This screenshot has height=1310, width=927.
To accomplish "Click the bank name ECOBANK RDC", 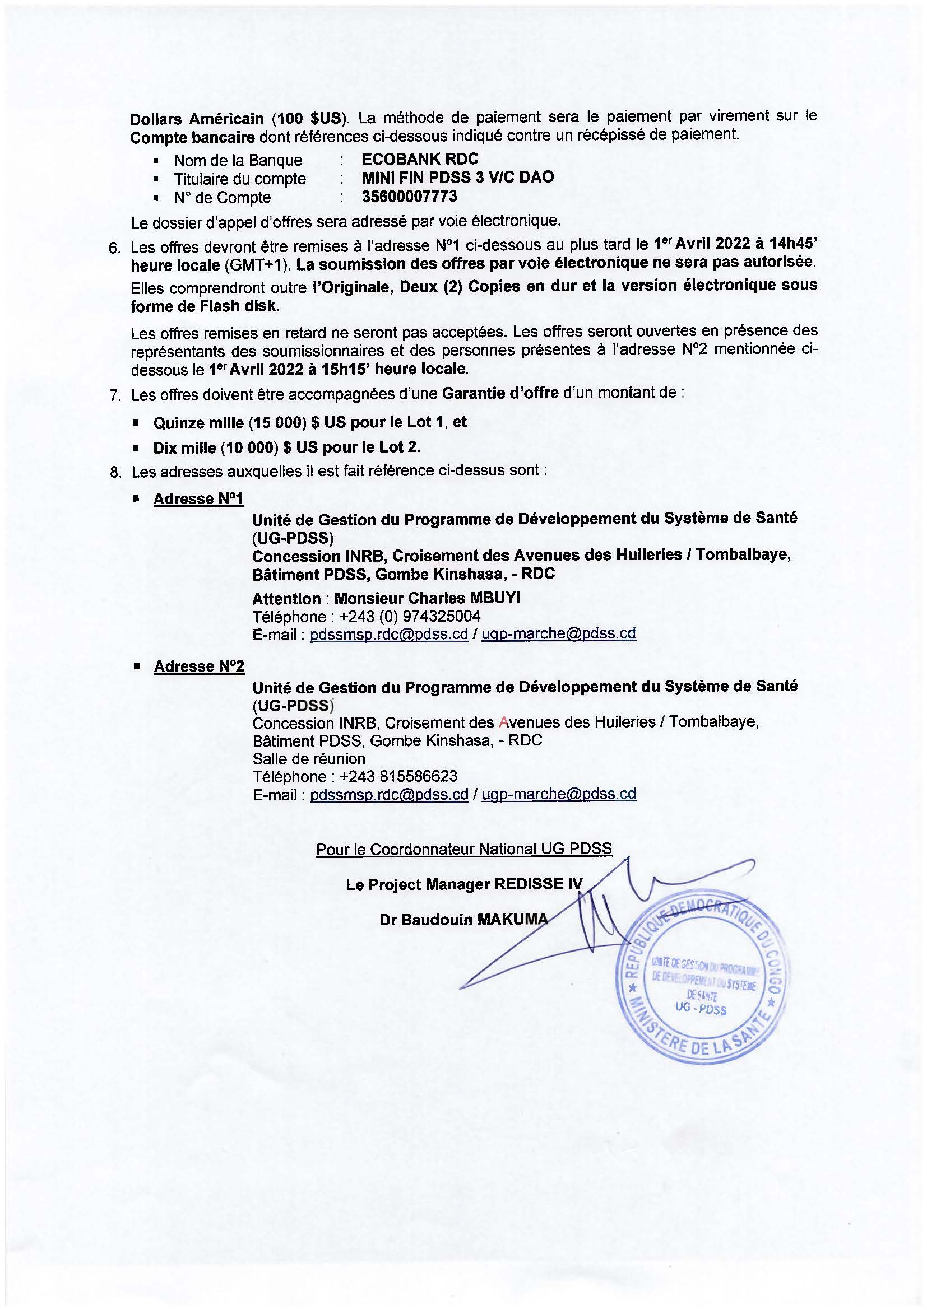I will click(420, 159).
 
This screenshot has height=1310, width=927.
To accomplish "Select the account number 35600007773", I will click(409, 197).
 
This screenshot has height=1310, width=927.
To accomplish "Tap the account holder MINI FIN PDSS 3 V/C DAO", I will click(458, 178).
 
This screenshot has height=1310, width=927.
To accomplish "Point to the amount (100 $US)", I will click(309, 119).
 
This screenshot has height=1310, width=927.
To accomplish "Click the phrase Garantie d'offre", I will click(500, 394).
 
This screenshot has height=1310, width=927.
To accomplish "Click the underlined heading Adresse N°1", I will click(198, 498).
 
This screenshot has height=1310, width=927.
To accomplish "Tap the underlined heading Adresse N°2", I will click(198, 666).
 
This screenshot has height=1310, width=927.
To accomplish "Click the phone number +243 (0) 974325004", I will click(409, 616).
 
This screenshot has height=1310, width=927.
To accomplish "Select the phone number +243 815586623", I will click(398, 776).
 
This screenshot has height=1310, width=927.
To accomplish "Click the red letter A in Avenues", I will click(503, 722).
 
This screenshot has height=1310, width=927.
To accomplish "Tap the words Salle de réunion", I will click(309, 759).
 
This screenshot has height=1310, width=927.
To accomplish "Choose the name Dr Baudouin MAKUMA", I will click(463, 920).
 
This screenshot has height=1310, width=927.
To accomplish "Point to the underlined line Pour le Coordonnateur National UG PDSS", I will click(463, 849).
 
